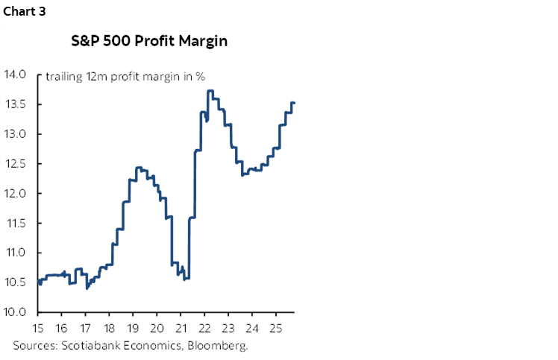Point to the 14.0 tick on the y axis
pyautogui.click(x=16, y=75)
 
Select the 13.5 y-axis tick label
pyautogui.click(x=16, y=104)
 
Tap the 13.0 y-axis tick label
pyautogui.click(x=16, y=134)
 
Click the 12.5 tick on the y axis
pyautogui.click(x=16, y=164)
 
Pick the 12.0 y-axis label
pyautogui.click(x=16, y=194)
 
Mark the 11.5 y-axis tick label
pyautogui.click(x=16, y=224)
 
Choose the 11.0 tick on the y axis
pyautogui.click(x=16, y=253)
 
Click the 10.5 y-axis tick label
pyautogui.click(x=16, y=282)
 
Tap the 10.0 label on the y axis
pyautogui.click(x=16, y=312)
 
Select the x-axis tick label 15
pyautogui.click(x=39, y=327)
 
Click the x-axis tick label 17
pyautogui.click(x=86, y=327)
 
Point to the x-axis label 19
pyautogui.click(x=134, y=327)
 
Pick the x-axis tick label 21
pyautogui.click(x=181, y=327)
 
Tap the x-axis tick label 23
pyautogui.click(x=228, y=327)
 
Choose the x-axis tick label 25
pyautogui.click(x=275, y=327)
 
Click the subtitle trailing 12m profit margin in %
pyautogui.click(x=125, y=76)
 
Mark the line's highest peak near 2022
pyautogui.click(x=210, y=91)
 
